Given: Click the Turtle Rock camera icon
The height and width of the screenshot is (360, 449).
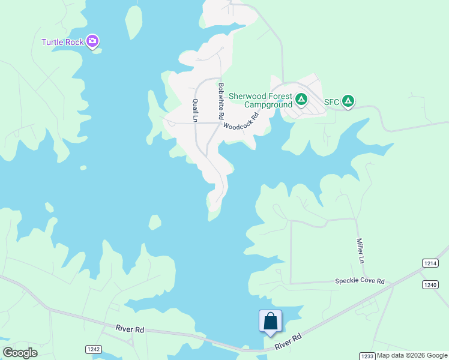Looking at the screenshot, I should (x=92, y=41).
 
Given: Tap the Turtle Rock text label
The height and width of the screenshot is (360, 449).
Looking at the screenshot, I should (x=63, y=42).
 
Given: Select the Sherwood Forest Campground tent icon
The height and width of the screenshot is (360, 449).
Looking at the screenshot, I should (x=301, y=98).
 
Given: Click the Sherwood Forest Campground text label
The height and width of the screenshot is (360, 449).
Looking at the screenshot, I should (x=260, y=100).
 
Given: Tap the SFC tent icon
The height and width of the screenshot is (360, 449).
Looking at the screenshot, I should (x=348, y=101).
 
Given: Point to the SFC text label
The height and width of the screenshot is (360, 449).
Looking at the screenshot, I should (x=332, y=102).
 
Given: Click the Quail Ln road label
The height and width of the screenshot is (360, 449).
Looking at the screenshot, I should (x=195, y=110).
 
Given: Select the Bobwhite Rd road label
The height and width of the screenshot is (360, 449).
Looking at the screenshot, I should (x=221, y=100).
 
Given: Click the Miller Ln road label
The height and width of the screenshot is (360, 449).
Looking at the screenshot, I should (x=361, y=251).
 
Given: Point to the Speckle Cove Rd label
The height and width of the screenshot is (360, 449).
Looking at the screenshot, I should (x=360, y=281).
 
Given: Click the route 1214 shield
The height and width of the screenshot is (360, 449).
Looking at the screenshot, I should (x=430, y=263).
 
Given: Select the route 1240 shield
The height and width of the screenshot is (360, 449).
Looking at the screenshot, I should (x=430, y=284).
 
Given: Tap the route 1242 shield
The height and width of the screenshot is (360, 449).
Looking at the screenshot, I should (x=94, y=349).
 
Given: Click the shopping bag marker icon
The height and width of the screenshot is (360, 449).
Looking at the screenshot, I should (x=270, y=320).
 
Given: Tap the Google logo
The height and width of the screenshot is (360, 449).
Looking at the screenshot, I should (x=20, y=353).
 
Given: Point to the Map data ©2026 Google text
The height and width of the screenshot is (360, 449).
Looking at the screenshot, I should (x=412, y=356).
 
